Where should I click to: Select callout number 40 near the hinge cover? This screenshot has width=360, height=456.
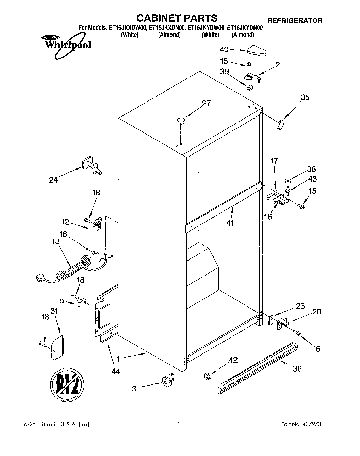[224, 50]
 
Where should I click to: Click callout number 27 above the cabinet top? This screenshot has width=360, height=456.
[206, 104]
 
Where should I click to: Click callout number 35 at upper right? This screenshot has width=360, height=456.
[305, 97]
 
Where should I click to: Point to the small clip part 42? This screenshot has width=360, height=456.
[207, 376]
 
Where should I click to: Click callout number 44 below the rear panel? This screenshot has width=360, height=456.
[116, 372]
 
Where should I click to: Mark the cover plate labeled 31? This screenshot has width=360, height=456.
[58, 347]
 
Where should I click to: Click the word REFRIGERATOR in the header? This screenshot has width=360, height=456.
[295, 21]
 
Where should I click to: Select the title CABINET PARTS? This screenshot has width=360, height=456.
[177, 18]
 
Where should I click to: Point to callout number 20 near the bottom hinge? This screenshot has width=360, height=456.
[316, 312]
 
